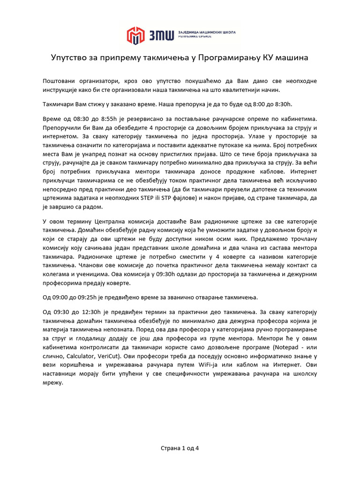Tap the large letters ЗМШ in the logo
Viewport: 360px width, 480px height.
point(159,35)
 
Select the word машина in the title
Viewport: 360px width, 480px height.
point(291,58)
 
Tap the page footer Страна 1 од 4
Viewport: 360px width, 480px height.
point(180,448)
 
